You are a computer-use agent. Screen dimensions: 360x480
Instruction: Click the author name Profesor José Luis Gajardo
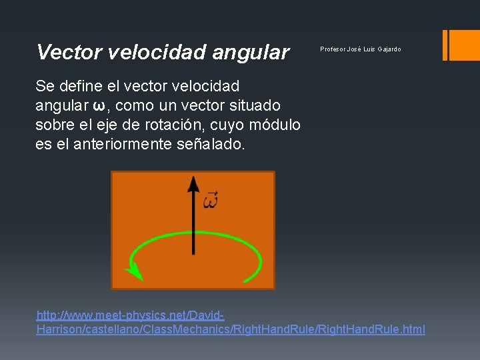[x=360, y=49]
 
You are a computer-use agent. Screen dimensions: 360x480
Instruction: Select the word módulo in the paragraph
[x=273, y=125]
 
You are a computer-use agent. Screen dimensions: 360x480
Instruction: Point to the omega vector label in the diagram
[x=211, y=199]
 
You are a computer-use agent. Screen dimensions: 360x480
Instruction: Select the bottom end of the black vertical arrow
[x=193, y=253]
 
